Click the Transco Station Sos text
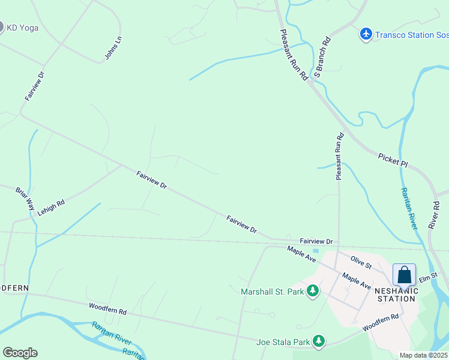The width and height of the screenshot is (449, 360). pyautogui.click(x=412, y=35)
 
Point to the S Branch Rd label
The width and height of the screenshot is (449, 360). pyautogui.click(x=322, y=58)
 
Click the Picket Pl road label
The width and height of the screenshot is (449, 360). pyautogui.click(x=393, y=160)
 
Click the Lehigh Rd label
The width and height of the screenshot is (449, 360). pyautogui.click(x=51, y=208)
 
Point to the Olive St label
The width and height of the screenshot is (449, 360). pyautogui.click(x=362, y=261)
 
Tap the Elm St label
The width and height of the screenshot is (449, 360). pyautogui.click(x=426, y=278)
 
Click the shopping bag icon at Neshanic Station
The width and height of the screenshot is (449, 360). pyautogui.click(x=404, y=275)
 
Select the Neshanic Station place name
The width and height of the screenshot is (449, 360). pyautogui.click(x=396, y=294)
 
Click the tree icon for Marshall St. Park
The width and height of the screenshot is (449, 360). pyautogui.click(x=312, y=292)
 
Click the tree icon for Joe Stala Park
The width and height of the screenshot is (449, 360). pyautogui.click(x=319, y=342)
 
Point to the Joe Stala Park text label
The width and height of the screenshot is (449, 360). pyautogui.click(x=283, y=343)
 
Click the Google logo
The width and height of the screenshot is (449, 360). pyautogui.click(x=20, y=353)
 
